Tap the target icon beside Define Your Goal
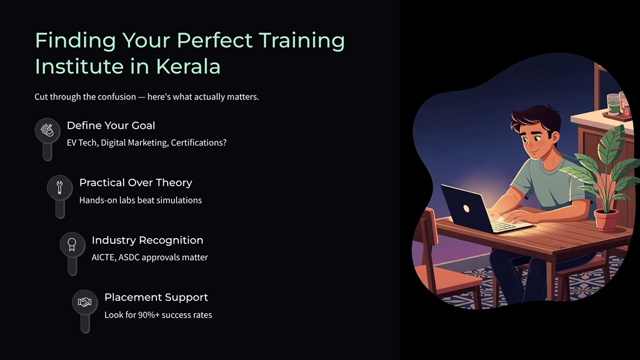(x=47, y=130)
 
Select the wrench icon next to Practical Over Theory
(x=59, y=187)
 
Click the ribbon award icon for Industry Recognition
(x=72, y=244)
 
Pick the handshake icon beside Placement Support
(x=84, y=302)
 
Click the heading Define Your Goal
(x=111, y=126)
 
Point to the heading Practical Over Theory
(x=136, y=182)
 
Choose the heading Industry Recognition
(x=147, y=240)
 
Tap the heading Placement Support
(x=156, y=297)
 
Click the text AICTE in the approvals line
(x=104, y=257)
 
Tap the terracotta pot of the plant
(x=606, y=219)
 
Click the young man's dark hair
(x=528, y=118)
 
